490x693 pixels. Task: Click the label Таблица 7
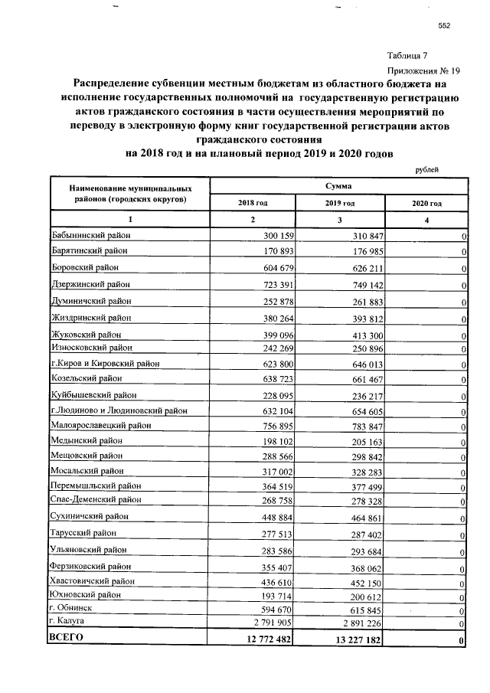pyautogui.click(x=413, y=55)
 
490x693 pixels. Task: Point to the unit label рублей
pyautogui.click(x=426, y=169)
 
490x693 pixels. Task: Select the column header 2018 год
pyautogui.click(x=253, y=203)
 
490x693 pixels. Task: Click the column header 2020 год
pyautogui.click(x=426, y=203)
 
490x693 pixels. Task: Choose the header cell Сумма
pyautogui.click(x=338, y=185)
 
